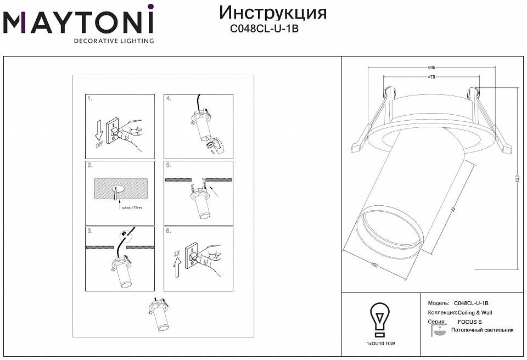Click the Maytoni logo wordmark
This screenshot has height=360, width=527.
[x=78, y=22]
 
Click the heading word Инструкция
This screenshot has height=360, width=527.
[x=273, y=12]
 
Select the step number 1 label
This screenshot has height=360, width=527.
[x=89, y=99]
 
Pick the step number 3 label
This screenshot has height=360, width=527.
[x=89, y=230]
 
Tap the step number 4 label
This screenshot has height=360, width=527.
[x=169, y=99]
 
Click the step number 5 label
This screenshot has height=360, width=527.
[x=169, y=165]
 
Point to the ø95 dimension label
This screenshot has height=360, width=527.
[x=431, y=67]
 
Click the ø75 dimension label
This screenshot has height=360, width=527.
[x=431, y=77]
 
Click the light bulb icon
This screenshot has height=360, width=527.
[x=380, y=319]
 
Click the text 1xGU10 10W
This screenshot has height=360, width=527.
[x=380, y=343]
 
